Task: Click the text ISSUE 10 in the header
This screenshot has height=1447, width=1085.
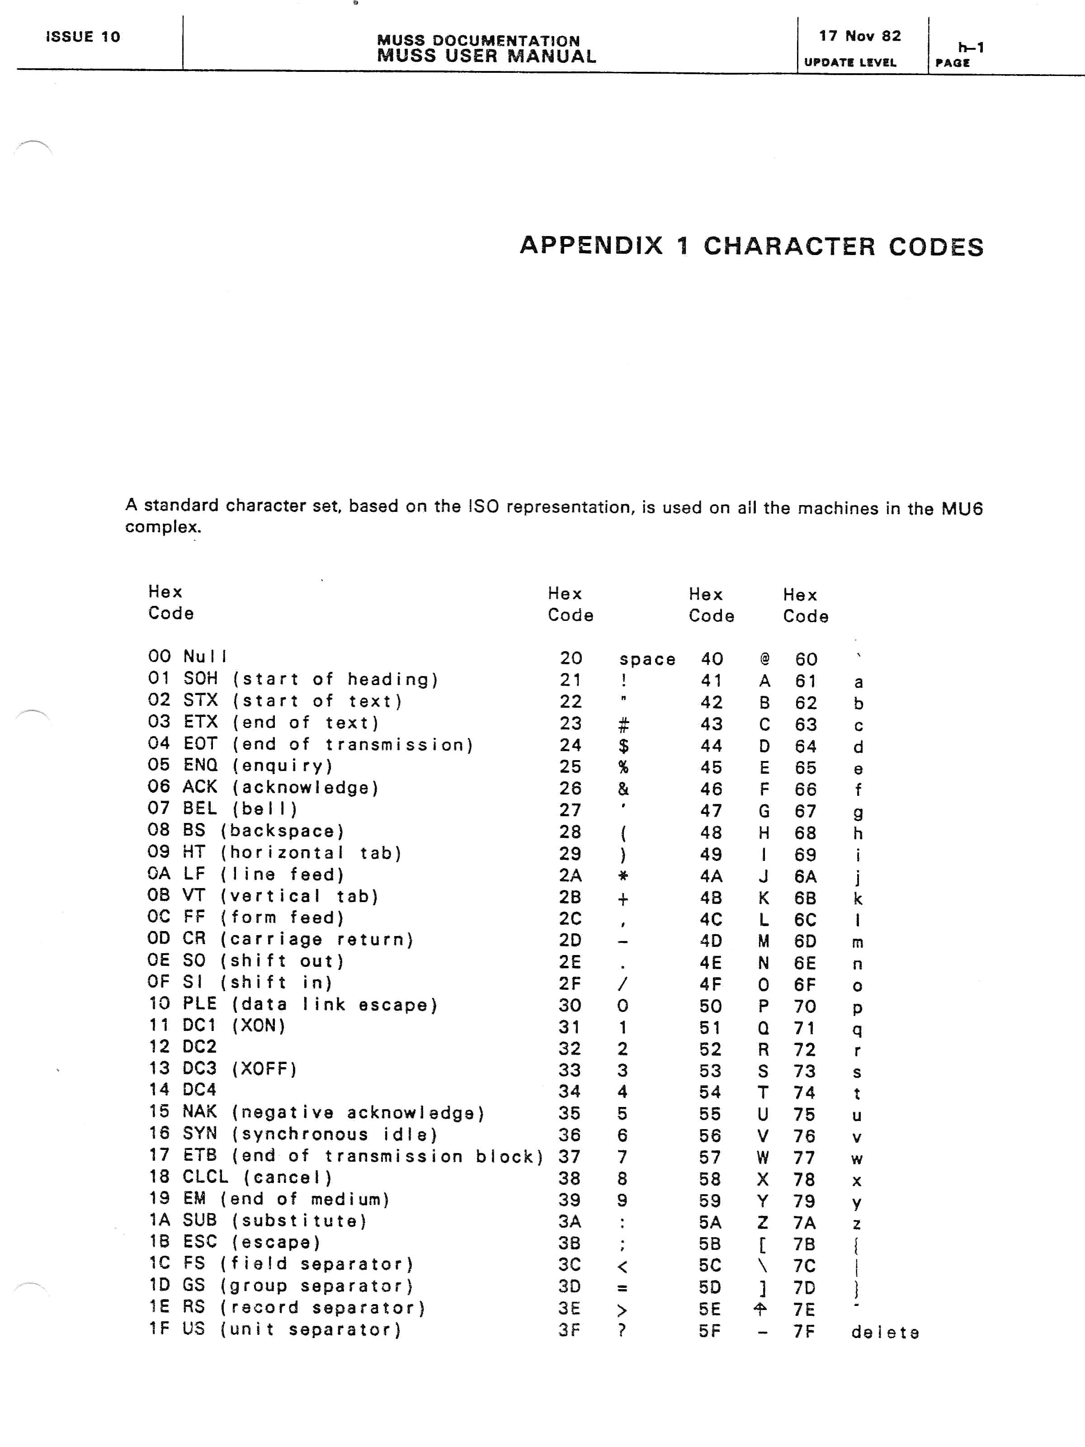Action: tap(83, 37)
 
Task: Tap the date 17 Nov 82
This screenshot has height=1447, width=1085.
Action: tap(859, 36)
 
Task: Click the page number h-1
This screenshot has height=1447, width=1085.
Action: tap(971, 47)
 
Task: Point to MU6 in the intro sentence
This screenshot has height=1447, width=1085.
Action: tap(962, 508)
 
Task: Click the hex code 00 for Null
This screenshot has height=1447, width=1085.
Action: tap(159, 656)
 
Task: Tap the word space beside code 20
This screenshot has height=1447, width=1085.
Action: tap(647, 659)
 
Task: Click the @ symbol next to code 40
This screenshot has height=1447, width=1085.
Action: tap(764, 659)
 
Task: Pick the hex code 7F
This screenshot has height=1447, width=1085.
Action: tap(804, 1331)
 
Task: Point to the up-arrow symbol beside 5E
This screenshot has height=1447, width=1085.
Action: tap(760, 1309)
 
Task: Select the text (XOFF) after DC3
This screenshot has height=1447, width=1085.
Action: tap(264, 1069)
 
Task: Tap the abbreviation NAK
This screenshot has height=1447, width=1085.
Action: tap(199, 1111)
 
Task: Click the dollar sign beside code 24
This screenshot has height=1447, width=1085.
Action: tap(623, 745)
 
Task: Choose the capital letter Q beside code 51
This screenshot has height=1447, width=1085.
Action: tap(763, 1028)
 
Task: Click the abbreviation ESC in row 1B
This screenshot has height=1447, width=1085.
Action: tap(199, 1242)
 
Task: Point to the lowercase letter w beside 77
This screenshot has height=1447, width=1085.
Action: tap(857, 1159)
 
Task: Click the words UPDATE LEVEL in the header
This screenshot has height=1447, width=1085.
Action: tap(849, 63)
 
